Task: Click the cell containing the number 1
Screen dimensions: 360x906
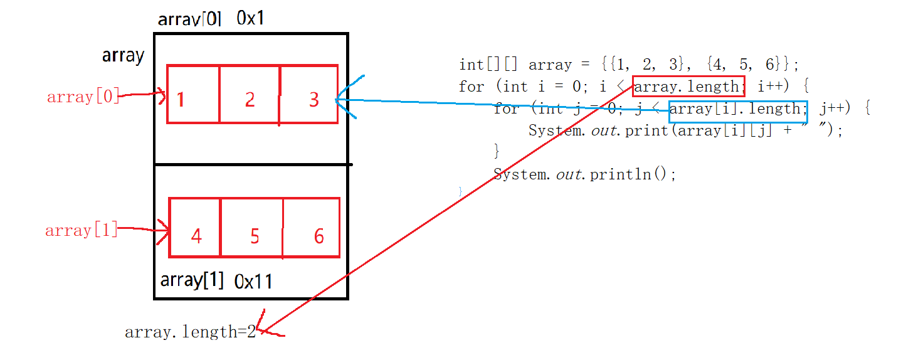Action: click(x=193, y=94)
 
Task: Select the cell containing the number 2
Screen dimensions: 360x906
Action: click(x=250, y=94)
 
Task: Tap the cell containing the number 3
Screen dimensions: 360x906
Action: click(x=309, y=94)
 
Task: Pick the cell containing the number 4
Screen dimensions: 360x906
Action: click(x=195, y=228)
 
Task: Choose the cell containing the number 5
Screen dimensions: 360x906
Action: click(x=252, y=228)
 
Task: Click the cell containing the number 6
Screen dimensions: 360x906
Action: click(x=312, y=228)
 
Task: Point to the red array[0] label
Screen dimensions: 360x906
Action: click(x=83, y=97)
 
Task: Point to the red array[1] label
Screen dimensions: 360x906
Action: click(x=82, y=230)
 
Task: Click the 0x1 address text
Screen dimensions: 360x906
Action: click(x=250, y=18)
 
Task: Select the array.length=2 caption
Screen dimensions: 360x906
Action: click(x=191, y=332)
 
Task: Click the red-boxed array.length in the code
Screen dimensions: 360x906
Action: click(x=688, y=87)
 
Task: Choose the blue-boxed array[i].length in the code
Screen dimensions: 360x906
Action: click(x=737, y=109)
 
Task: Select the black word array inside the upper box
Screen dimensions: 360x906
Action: click(x=124, y=56)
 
